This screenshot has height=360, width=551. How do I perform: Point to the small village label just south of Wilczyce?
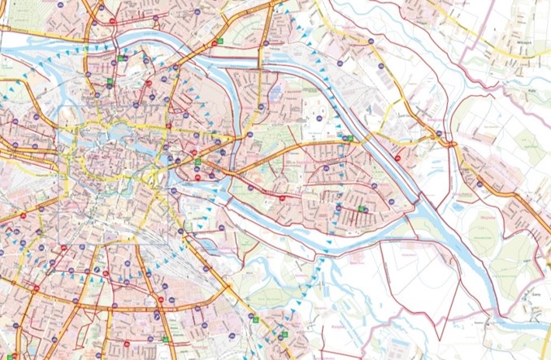tap(512, 69)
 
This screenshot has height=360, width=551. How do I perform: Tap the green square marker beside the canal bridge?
tap(349, 139)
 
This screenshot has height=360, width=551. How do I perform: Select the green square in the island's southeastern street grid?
tap(361, 210)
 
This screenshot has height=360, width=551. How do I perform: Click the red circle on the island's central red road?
tap(282, 197)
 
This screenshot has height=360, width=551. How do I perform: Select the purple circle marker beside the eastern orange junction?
tap(439, 133)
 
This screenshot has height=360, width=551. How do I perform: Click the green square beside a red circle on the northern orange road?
tap(215, 42)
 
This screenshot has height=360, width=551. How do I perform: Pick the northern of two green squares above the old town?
tap(120, 58)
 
